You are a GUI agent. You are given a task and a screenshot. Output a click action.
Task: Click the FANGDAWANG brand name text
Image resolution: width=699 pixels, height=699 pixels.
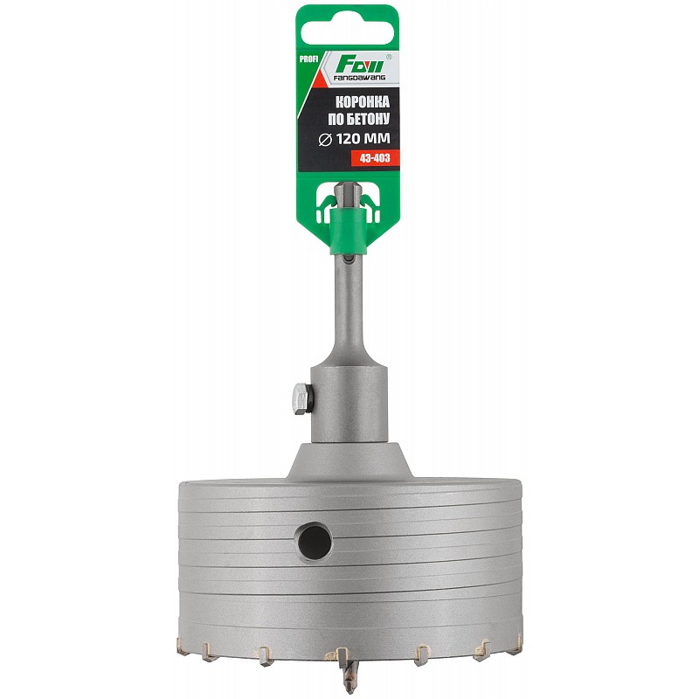pyautogui.click(x=360, y=78)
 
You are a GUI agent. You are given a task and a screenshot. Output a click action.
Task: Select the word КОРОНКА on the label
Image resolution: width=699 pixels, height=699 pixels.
pyautogui.click(x=362, y=102)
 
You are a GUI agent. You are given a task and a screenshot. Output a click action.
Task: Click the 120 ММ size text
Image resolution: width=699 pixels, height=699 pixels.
pyautogui.click(x=363, y=139)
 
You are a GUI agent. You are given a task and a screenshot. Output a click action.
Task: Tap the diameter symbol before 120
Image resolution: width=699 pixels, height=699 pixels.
pyautogui.click(x=326, y=140)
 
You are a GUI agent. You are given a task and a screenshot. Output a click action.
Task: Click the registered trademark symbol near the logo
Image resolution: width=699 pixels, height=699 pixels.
pyautogui.click(x=388, y=57)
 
